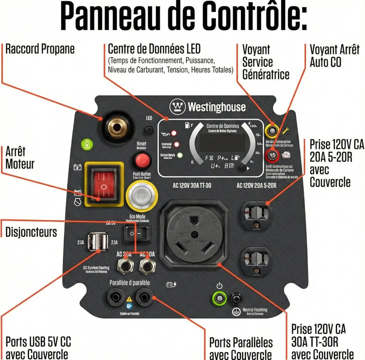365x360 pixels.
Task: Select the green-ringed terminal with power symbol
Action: pos(220,299)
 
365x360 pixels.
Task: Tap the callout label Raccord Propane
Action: pos(40,49)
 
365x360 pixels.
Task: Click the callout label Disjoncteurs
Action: pos(31,232)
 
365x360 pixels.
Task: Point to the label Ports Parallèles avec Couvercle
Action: pos(241,348)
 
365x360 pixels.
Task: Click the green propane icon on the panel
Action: pos(85,145)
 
